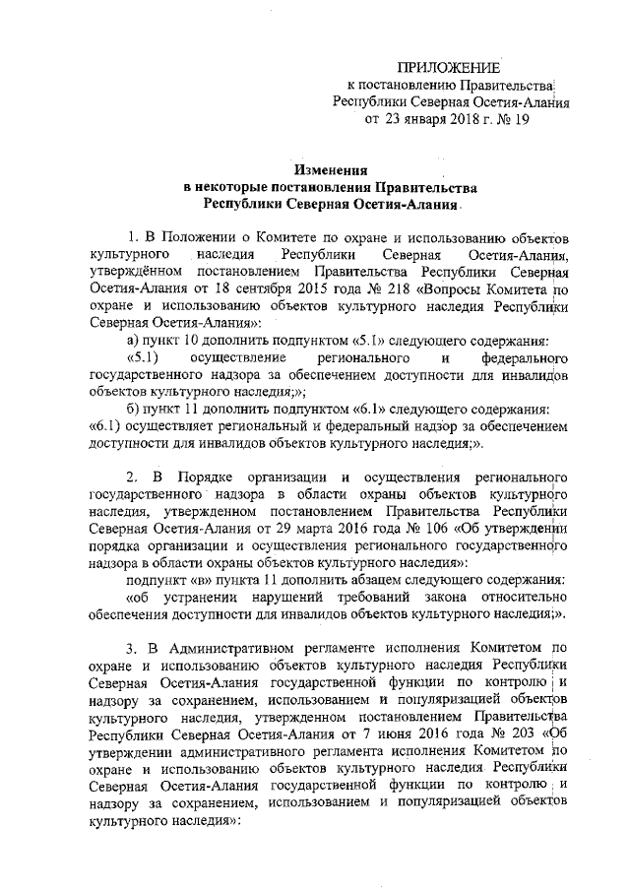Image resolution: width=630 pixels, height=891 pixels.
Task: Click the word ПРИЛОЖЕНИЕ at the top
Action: [448, 67]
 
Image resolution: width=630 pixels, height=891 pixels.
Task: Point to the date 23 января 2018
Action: [426, 120]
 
